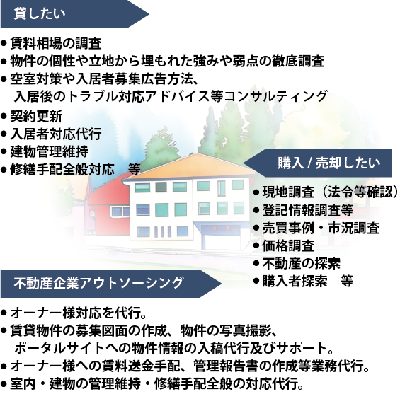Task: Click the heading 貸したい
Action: (40, 13)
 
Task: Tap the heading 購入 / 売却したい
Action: (328, 163)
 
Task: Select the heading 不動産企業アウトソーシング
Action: (98, 283)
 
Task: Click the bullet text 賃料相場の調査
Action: (56, 43)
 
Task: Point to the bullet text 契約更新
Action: (36, 116)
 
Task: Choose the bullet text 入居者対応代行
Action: (56, 134)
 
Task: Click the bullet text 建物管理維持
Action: (50, 151)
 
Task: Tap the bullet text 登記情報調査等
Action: (308, 210)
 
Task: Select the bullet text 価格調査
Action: (288, 245)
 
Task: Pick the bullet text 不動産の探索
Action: (302, 264)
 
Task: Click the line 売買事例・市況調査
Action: (321, 228)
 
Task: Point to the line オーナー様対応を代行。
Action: (79, 313)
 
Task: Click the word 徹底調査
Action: (298, 61)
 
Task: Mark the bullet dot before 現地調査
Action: (256, 192)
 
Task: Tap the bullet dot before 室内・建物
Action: (4, 384)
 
